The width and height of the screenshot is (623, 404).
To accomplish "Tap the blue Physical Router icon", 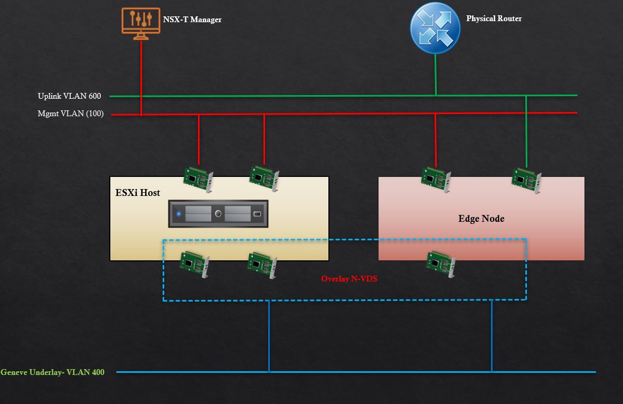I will pyautogui.click(x=435, y=28).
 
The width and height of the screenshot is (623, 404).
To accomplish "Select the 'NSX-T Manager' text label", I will pyautogui.click(x=192, y=20).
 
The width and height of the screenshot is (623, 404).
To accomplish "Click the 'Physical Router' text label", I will pyautogui.click(x=494, y=18).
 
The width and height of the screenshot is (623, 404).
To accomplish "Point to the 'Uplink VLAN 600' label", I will pyautogui.click(x=69, y=96).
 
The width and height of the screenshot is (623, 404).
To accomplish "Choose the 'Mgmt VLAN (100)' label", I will pyautogui.click(x=71, y=114).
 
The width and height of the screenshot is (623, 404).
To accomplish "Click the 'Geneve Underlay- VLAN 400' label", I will pyautogui.click(x=53, y=372).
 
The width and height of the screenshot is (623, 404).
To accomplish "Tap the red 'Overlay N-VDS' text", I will pyautogui.click(x=349, y=279).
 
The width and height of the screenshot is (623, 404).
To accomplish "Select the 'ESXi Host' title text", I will pyautogui.click(x=138, y=193).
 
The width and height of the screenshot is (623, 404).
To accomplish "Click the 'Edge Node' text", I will pyautogui.click(x=481, y=219).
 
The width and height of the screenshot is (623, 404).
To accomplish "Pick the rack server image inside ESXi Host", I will pyautogui.click(x=218, y=214).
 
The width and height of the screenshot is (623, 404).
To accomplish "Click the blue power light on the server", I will pyautogui.click(x=179, y=214).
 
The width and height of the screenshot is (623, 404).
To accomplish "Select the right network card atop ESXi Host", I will pyautogui.click(x=264, y=177).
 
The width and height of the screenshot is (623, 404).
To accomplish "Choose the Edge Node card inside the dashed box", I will pyautogui.click(x=440, y=262).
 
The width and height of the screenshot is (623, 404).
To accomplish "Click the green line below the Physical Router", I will pyautogui.click(x=436, y=74).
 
